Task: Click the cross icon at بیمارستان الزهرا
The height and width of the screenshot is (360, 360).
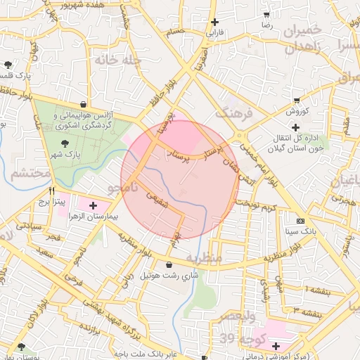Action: [93, 206]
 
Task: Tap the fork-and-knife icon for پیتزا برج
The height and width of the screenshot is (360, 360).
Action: [51, 191]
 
